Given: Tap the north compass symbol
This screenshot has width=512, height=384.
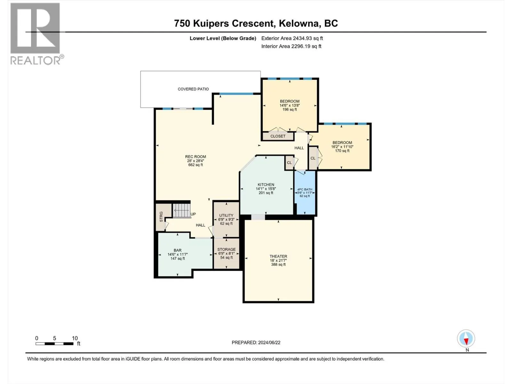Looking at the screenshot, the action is (x=466, y=339).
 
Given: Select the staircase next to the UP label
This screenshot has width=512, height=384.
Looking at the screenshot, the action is (x=181, y=211).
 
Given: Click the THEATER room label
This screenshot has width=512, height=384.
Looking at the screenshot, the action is (x=278, y=256).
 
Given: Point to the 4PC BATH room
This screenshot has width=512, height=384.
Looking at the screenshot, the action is (x=305, y=193).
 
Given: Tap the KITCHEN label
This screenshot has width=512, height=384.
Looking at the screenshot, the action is (x=266, y=185).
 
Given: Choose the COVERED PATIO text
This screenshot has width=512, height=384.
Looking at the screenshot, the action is (x=193, y=89).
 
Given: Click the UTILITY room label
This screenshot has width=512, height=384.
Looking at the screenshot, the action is (x=226, y=215).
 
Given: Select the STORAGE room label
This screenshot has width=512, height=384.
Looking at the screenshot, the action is (x=227, y=250).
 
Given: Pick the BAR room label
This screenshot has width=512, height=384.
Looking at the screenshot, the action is (x=178, y=251).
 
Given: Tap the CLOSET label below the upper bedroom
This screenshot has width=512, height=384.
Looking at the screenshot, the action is (x=278, y=136).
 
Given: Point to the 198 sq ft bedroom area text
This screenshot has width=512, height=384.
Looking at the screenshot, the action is (x=290, y=109).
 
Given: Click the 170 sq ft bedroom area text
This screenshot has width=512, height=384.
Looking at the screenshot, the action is (x=342, y=151).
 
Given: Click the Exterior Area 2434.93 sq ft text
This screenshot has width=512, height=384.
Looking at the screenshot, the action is (x=292, y=38).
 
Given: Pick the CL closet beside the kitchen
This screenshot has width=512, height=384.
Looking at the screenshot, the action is (x=289, y=163).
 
